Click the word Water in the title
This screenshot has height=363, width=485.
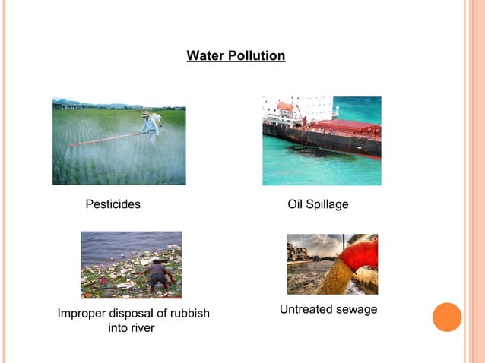click(x=204, y=56)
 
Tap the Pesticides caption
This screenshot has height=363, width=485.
click(x=113, y=204)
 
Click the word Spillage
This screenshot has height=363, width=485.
click(x=328, y=204)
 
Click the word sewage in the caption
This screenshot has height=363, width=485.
click(x=357, y=309)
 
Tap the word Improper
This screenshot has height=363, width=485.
click(x=81, y=314)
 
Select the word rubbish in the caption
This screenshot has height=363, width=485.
click(x=188, y=314)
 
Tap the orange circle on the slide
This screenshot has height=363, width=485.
click(x=447, y=317)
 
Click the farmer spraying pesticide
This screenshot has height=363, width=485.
click(x=149, y=127)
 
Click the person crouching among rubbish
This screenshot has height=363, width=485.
click(x=158, y=273)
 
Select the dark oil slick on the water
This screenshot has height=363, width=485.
click(x=312, y=150)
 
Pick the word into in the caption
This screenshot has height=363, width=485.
click(x=119, y=328)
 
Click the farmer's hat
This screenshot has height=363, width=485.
click(x=145, y=114)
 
